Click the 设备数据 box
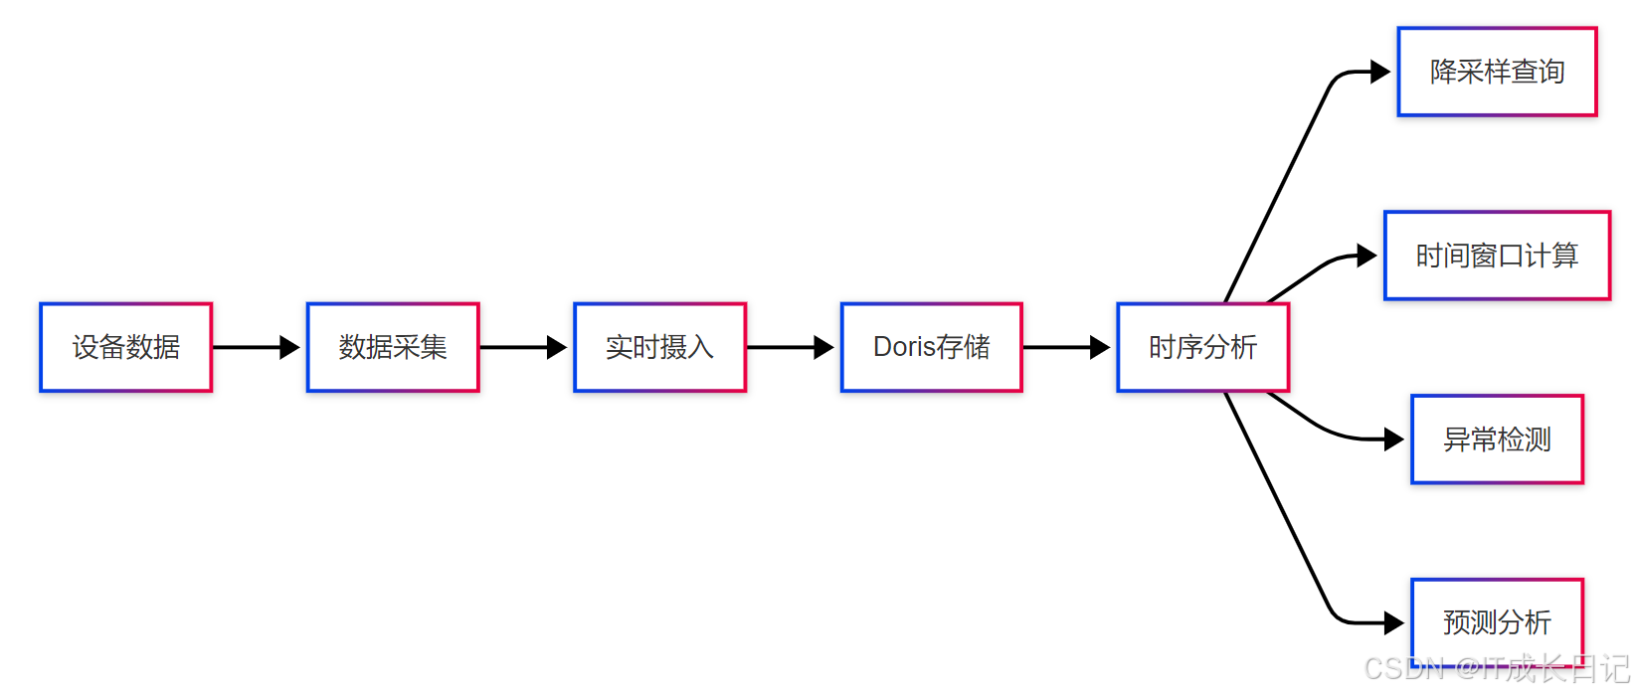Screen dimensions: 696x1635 pyautogui.click(x=125, y=347)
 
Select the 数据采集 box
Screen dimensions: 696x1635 pyautogui.click(x=393, y=347)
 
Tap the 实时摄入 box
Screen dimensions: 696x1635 pyautogui.click(x=659, y=347)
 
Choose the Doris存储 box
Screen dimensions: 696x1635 pyautogui.click(x=931, y=347)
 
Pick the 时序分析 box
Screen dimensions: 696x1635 pyautogui.click(x=1202, y=347)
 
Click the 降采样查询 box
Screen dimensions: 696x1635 pyautogui.click(x=1497, y=72)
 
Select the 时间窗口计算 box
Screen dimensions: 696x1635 pyautogui.click(x=1497, y=256)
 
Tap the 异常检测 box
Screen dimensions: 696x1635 pyautogui.click(x=1497, y=439)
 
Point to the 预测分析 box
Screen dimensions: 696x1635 pyautogui.click(x=1497, y=622)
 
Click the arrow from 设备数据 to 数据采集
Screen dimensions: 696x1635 pyautogui.click(x=255, y=347)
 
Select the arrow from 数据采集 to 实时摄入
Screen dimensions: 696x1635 pyautogui.click(x=522, y=347)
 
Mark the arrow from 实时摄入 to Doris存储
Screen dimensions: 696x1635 pyautogui.click(x=789, y=347)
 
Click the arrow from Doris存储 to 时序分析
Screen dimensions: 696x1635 pyautogui.click(x=1065, y=347)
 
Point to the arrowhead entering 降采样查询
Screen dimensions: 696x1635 pyautogui.click(x=1380, y=72)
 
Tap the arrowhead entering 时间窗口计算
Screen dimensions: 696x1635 pyautogui.click(x=1367, y=256)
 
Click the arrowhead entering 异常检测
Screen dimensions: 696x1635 pyautogui.click(x=1394, y=439)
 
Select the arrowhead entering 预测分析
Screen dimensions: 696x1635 pyautogui.click(x=1394, y=623)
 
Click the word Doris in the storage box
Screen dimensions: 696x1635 pyautogui.click(x=905, y=347)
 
